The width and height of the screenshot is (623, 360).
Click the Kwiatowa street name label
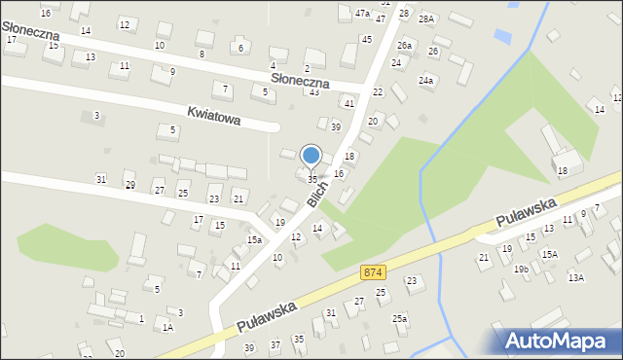coord(216,110)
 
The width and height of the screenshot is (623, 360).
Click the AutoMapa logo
coord(560,341)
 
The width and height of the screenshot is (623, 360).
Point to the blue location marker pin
coord(311,156)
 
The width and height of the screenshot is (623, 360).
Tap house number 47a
coord(362,14)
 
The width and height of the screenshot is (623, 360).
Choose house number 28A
coord(425,18)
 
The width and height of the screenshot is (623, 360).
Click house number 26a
coord(404,46)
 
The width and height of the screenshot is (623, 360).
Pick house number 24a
coord(425,80)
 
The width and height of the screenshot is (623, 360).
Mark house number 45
coord(366,39)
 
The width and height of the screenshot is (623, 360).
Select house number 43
coord(313,91)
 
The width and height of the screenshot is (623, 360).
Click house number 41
coord(348,102)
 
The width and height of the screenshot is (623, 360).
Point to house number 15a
coord(254,239)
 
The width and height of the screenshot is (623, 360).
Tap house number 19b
coord(521,269)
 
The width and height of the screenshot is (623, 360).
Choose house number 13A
coord(576,277)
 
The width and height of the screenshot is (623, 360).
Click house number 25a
coord(399,318)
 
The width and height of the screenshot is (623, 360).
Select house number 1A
coord(167,328)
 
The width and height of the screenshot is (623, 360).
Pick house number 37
coord(275,344)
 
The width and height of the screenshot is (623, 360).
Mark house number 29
coord(129,184)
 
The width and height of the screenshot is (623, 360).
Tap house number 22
coord(378,91)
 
